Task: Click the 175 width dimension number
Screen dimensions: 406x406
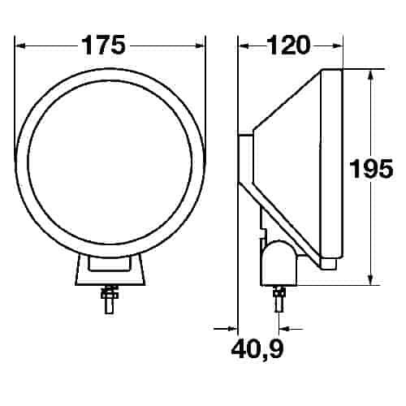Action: (x=103, y=45)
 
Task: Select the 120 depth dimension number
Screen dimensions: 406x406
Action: (x=288, y=45)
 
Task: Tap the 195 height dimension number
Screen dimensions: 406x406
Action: (x=371, y=169)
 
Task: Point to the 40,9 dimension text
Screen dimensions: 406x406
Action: (x=257, y=349)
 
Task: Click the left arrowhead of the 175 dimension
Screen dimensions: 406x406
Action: (x=20, y=46)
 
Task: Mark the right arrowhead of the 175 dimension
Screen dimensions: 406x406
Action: (x=200, y=46)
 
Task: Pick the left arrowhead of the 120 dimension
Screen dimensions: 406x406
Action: (x=244, y=46)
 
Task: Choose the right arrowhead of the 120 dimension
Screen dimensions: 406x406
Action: (x=337, y=46)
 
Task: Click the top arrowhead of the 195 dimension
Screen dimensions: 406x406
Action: (x=370, y=75)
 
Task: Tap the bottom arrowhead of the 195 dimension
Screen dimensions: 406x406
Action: (x=370, y=279)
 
